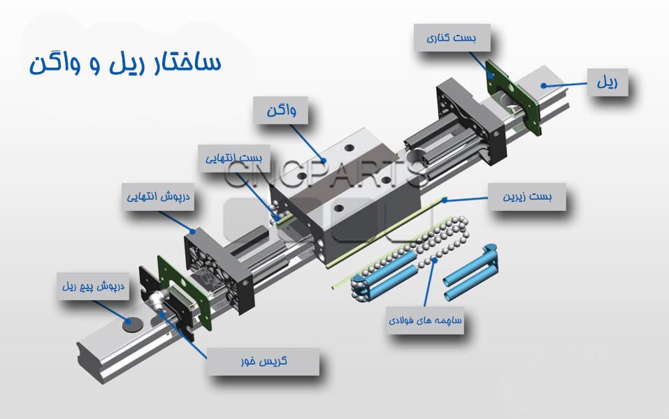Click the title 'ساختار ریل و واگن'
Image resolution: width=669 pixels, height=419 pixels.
(x=125, y=63)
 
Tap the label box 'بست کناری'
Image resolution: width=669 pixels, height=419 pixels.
(x=452, y=38)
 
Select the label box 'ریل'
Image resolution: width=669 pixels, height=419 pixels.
(x=607, y=82)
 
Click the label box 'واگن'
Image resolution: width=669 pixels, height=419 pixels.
(x=281, y=110)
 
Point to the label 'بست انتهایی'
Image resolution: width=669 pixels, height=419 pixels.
(x=233, y=159)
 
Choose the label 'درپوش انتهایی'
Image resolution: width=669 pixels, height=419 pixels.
(x=158, y=197)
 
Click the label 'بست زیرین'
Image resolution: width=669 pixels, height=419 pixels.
(x=527, y=197)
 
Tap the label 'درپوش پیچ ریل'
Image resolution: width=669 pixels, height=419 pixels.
(x=93, y=286)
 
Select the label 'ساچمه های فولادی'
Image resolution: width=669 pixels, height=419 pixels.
(x=424, y=320)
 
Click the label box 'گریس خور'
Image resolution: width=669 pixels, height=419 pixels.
(x=264, y=362)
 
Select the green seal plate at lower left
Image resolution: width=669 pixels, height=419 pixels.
(x=185, y=292)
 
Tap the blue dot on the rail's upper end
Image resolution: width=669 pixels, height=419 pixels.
(x=543, y=86)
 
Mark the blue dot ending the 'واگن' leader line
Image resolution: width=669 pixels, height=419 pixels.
(x=324, y=161)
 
